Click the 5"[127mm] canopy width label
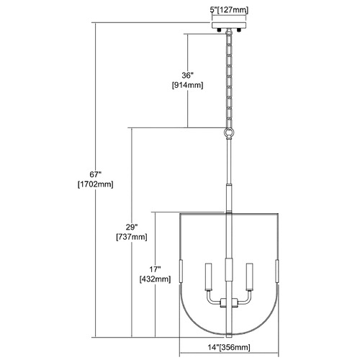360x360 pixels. [x=230, y=10]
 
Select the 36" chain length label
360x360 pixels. [x=187, y=76]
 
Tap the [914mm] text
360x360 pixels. [x=187, y=85]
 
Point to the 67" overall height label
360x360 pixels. [x=96, y=174]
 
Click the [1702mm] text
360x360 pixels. [x=96, y=184]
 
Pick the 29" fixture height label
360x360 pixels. [x=132, y=227]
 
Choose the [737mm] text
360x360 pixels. [x=132, y=237]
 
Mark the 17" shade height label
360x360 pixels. [x=155, y=269]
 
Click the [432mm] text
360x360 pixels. [x=155, y=279]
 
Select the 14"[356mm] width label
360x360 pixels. [x=229, y=347]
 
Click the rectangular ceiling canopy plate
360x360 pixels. [x=229, y=25]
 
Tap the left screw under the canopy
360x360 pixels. [x=219, y=30]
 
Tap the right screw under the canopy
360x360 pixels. [x=239, y=30]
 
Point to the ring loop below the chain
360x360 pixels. [x=229, y=132]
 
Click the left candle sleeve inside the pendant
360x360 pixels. [x=209, y=276]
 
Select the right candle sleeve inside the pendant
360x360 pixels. [x=250, y=276]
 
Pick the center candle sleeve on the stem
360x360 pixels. [x=229, y=269]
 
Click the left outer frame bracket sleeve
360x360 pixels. [x=181, y=271]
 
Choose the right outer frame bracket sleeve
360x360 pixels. [x=277, y=271]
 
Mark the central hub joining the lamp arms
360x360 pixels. [x=229, y=302]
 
